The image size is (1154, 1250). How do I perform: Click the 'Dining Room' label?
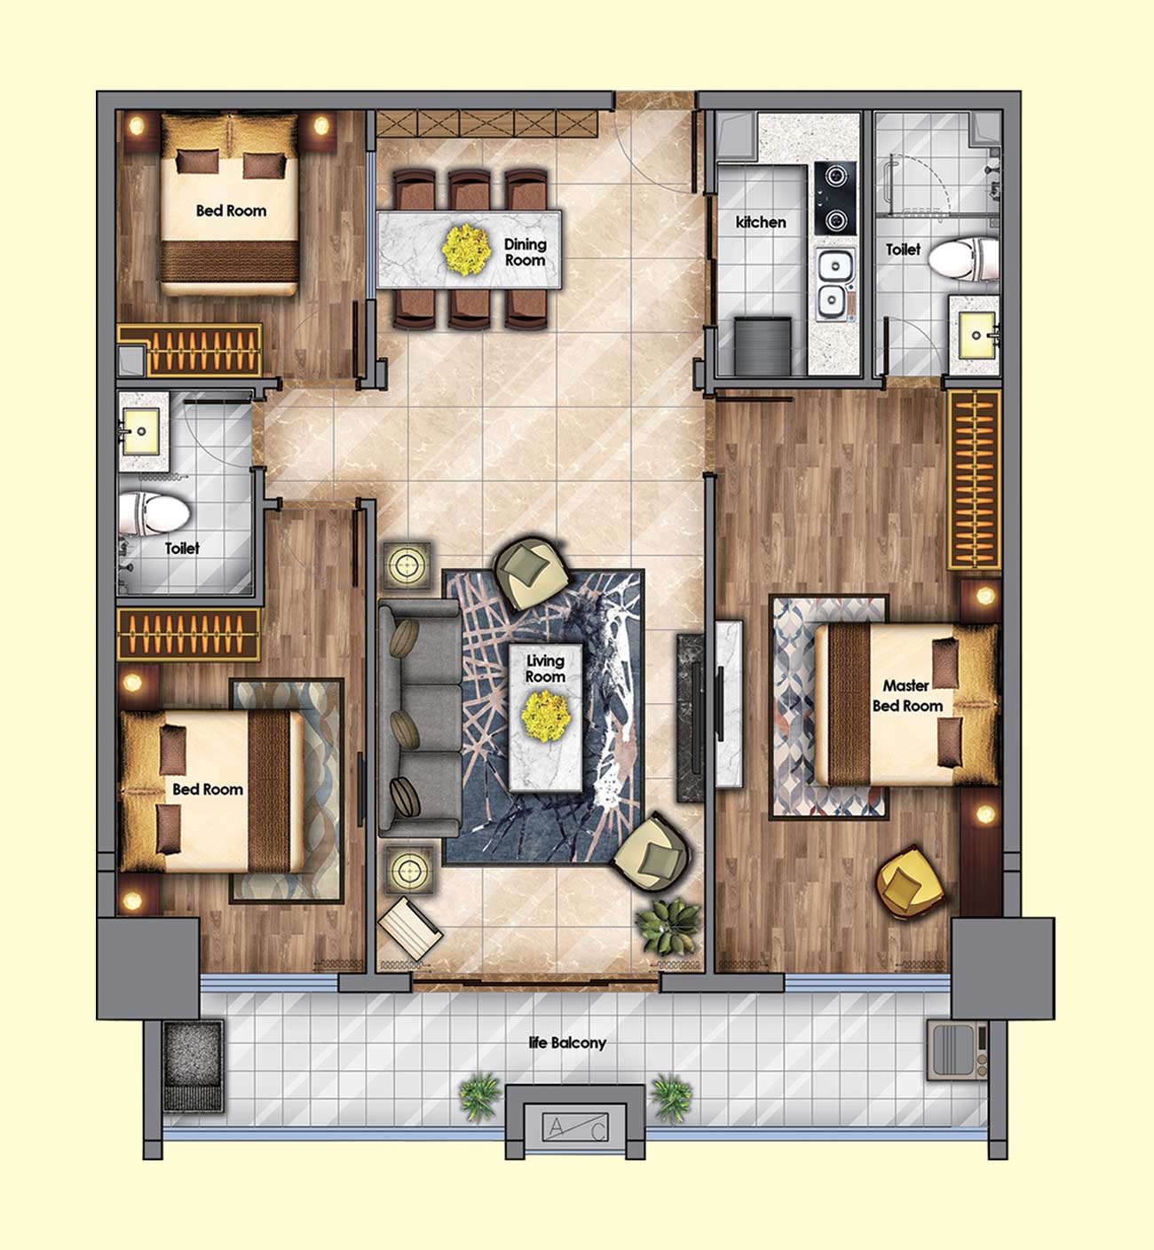(525, 252)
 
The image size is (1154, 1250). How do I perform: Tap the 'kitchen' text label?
(761, 222)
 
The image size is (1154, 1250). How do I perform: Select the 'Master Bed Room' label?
(907, 695)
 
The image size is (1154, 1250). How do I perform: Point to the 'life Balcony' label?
(567, 1043)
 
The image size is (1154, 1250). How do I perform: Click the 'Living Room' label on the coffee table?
(545, 669)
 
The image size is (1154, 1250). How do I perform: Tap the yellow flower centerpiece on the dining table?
(466, 249)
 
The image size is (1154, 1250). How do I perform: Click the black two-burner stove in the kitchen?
(835, 198)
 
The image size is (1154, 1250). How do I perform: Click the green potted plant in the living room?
(668, 926)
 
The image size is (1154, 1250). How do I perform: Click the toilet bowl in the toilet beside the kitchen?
(964, 258)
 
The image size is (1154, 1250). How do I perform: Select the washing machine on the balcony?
(958, 1050)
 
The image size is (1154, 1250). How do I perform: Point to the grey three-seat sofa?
(420, 717)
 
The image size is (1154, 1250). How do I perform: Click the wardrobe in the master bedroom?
(974, 479)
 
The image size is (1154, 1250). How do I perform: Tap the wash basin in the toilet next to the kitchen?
(976, 336)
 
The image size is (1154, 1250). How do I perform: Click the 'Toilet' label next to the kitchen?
(903, 249)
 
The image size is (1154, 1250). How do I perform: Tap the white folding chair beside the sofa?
(410, 929)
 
